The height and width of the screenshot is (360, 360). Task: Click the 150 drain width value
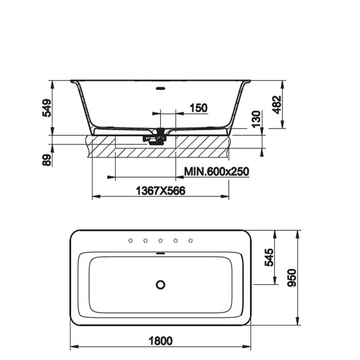pos(199,107)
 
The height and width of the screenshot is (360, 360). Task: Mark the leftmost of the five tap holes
pos(130,240)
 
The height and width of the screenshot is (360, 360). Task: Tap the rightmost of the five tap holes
pos(191,240)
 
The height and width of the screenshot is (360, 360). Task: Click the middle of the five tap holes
pos(160,240)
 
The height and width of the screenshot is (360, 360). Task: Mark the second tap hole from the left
pos(146,240)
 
